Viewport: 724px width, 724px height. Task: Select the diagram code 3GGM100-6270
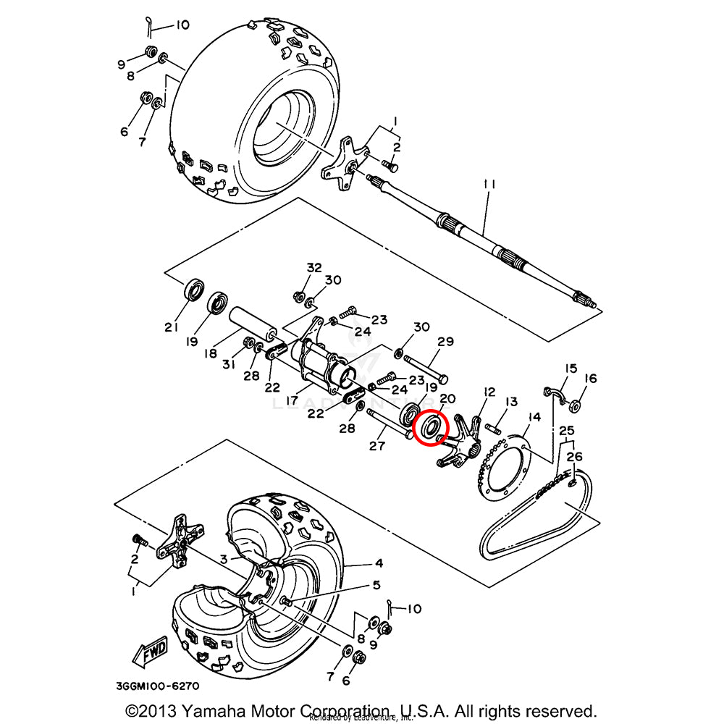tap(157, 685)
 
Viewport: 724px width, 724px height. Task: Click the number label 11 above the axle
tap(489, 185)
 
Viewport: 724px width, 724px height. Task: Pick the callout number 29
tap(445, 341)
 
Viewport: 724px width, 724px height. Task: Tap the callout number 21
tap(171, 327)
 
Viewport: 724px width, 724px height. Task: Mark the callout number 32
tap(313, 267)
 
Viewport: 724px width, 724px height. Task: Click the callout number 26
tap(574, 457)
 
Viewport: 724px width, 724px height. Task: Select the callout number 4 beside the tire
tap(379, 563)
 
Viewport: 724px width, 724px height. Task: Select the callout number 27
tap(376, 446)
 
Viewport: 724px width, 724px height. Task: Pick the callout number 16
tap(590, 378)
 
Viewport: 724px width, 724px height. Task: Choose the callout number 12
tap(489, 392)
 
